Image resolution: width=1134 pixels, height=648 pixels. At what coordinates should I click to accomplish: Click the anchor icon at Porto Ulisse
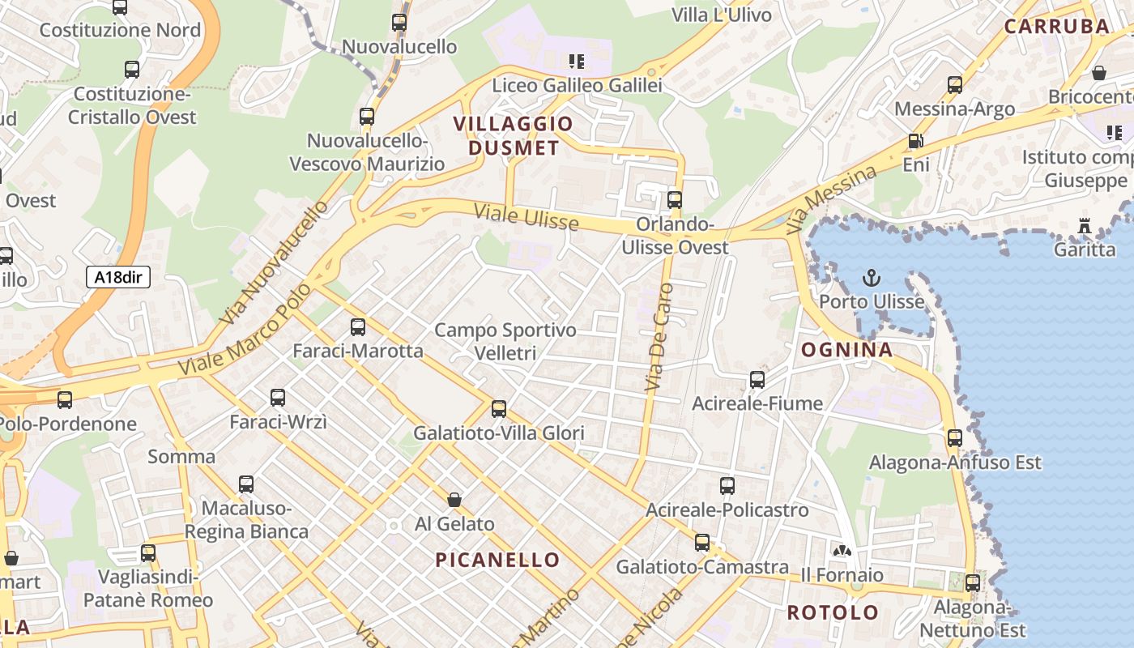[x=871, y=279]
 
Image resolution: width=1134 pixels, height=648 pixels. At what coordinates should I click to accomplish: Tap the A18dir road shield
[x=118, y=277]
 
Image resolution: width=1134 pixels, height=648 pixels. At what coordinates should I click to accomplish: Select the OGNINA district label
[x=846, y=350]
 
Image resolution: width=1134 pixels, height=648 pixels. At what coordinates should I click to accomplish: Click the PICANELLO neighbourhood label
[x=497, y=560]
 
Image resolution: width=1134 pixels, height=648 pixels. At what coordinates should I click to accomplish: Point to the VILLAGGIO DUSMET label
[x=513, y=136]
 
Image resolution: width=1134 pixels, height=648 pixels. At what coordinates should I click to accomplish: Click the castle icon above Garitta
[x=1085, y=226]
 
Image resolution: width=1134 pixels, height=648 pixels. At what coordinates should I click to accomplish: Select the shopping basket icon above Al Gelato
[x=454, y=500]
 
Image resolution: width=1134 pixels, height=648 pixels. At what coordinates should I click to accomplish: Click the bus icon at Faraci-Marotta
[x=357, y=327]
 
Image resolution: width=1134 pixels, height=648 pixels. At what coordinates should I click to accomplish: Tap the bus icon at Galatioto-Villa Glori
[x=499, y=409]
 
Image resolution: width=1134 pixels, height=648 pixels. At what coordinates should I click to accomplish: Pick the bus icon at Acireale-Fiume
[x=757, y=379]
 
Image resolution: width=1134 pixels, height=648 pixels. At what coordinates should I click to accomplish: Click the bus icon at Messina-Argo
[x=955, y=85]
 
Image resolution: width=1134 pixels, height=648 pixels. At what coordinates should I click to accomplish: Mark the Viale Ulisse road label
[x=526, y=217]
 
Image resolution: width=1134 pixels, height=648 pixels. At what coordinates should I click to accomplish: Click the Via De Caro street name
[x=659, y=338]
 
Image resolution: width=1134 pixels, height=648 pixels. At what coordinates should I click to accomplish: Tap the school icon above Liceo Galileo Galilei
[x=577, y=62]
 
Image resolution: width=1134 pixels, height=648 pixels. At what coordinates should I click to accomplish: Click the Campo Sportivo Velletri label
[x=505, y=341]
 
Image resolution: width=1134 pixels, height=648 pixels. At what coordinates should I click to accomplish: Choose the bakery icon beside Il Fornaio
[x=842, y=551]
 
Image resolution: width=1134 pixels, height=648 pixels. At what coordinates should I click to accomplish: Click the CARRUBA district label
[x=1057, y=26]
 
